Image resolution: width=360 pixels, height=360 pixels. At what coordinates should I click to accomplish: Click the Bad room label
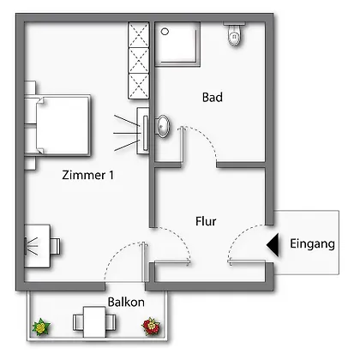pyautogui.click(x=213, y=97)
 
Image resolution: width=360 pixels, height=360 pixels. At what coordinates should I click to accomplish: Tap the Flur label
pyautogui.click(x=206, y=221)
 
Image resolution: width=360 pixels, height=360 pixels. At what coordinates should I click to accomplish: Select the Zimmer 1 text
pyautogui.click(x=88, y=175)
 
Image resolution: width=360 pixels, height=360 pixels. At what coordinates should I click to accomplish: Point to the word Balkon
pyautogui.click(x=126, y=302)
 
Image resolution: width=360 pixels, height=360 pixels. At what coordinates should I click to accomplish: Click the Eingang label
pyautogui.click(x=312, y=243)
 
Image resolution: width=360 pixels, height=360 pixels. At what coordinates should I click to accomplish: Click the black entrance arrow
pyautogui.click(x=273, y=245)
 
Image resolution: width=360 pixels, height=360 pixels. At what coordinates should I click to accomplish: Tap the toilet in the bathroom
pyautogui.click(x=235, y=34)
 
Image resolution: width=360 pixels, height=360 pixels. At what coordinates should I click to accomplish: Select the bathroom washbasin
pyautogui.click(x=163, y=126)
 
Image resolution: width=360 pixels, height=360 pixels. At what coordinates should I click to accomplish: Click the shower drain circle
pyautogui.click(x=165, y=32)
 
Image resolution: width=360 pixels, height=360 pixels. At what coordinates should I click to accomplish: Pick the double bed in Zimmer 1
pyautogui.click(x=58, y=125)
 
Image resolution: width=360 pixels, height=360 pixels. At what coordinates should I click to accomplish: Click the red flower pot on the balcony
pyautogui.click(x=151, y=326)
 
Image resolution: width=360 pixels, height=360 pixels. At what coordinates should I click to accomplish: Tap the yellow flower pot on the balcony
pyautogui.click(x=41, y=327)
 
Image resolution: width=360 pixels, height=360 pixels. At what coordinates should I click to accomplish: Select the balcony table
pyautogui.click(x=94, y=321)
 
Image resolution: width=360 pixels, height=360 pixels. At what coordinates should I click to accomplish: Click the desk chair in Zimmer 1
pyautogui.click(x=56, y=246)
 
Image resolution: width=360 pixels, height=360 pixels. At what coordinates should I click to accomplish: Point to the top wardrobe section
pyautogui.click(x=139, y=35)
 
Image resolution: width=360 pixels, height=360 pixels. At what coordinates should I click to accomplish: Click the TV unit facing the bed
pyautogui.click(x=143, y=131)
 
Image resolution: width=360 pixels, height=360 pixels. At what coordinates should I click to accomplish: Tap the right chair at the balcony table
pyautogui.click(x=111, y=322)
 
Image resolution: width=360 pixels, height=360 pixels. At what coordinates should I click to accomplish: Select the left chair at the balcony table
pyautogui.click(x=78, y=322)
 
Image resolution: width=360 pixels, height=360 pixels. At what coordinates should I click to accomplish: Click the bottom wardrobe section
pyautogui.click(x=139, y=87)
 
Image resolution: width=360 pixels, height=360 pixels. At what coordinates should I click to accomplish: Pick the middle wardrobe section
pyautogui.click(x=139, y=61)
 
